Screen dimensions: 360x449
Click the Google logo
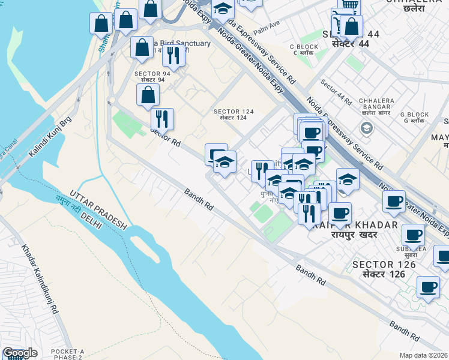20,353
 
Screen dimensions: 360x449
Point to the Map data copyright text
424,355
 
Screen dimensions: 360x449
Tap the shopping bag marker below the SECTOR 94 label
148,96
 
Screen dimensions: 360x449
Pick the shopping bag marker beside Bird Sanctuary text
142,49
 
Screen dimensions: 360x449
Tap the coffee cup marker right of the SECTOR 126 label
428,288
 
